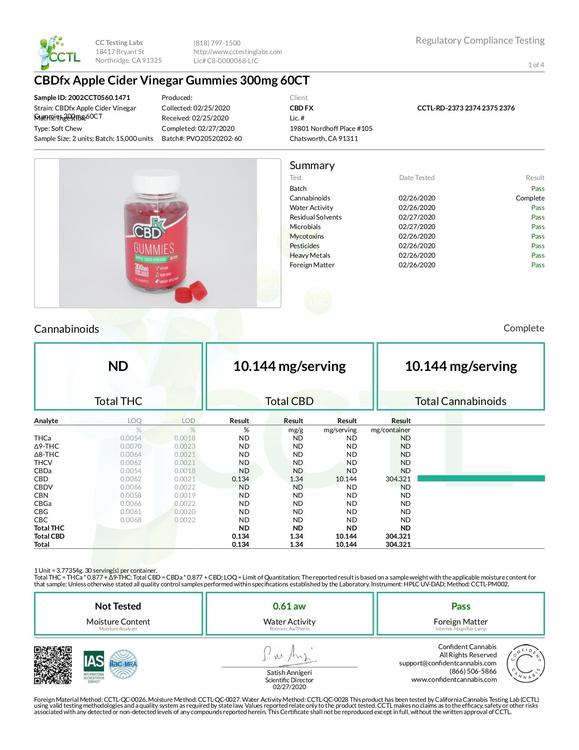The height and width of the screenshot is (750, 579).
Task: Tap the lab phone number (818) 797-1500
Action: click(x=217, y=43)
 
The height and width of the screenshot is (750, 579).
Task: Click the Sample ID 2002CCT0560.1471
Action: click(x=82, y=97)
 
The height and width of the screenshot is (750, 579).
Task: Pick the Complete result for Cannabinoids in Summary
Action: click(x=530, y=198)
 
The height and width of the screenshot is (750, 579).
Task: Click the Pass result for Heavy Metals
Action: click(x=538, y=255)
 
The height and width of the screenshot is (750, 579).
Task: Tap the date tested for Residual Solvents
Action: click(x=416, y=217)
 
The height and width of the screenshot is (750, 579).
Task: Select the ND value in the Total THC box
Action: click(x=118, y=366)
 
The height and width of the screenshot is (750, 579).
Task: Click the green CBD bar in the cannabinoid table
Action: click(x=480, y=478)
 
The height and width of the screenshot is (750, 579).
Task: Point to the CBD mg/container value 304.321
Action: click(x=398, y=479)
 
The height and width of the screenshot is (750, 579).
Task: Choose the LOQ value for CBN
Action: click(x=131, y=495)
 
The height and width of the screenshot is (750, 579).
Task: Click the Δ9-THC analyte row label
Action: click(x=46, y=446)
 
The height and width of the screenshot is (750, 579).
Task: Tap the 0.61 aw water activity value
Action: click(x=289, y=606)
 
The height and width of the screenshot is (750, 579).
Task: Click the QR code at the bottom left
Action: click(x=53, y=665)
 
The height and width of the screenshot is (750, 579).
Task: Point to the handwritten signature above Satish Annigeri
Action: click(x=288, y=654)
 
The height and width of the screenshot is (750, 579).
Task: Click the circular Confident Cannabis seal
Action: click(x=525, y=664)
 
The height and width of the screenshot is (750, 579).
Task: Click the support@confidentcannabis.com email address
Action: click(x=447, y=663)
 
